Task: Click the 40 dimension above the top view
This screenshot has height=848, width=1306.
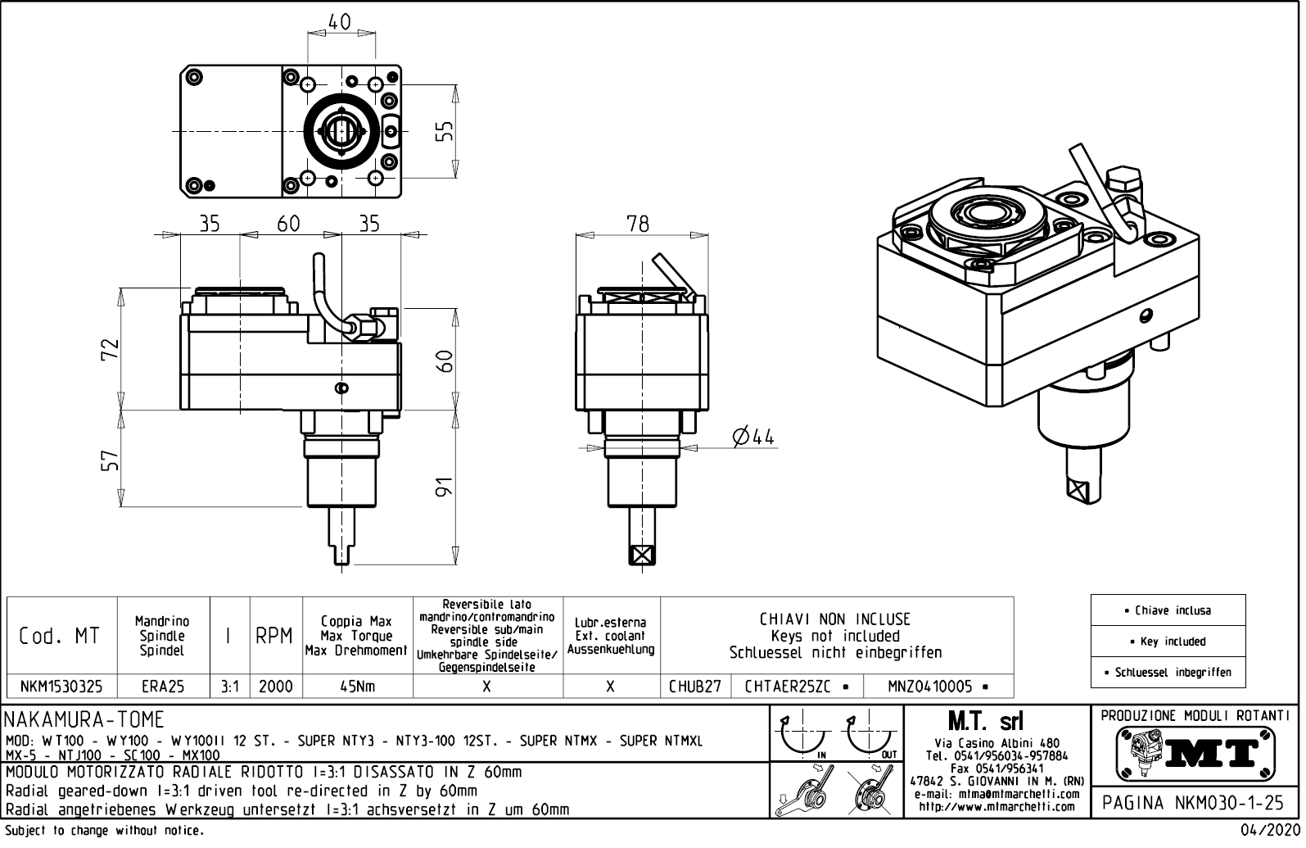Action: [340, 22]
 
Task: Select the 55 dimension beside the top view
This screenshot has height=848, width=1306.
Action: [445, 131]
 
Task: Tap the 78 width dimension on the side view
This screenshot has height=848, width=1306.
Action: [638, 223]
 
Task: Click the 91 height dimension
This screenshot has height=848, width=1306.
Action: [445, 489]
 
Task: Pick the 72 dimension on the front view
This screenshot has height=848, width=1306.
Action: [111, 348]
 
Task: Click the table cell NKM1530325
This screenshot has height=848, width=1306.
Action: [61, 687]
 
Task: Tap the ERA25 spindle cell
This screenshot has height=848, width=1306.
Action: [163, 687]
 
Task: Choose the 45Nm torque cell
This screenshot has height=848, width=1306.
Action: [357, 687]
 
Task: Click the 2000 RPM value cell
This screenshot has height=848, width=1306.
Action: [275, 687]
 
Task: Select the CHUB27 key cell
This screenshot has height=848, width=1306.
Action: [695, 687]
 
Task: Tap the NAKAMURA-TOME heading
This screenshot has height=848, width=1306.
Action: [85, 720]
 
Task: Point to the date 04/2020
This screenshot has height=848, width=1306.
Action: [1272, 831]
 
